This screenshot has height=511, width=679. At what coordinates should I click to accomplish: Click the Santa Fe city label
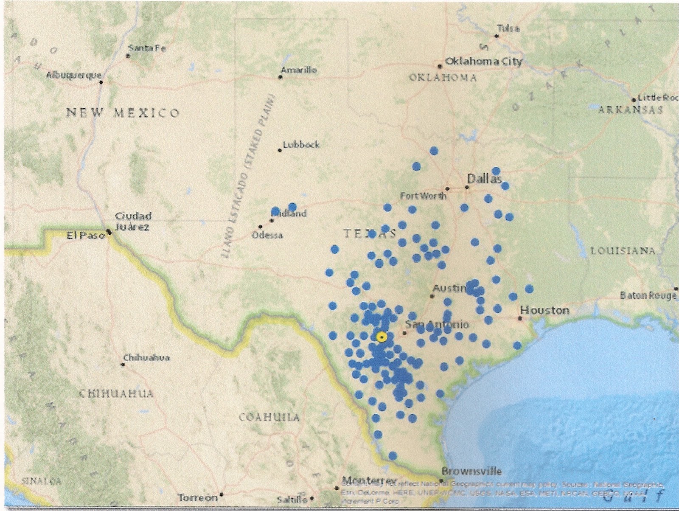(147, 48)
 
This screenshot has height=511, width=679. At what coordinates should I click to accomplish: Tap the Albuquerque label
(73, 75)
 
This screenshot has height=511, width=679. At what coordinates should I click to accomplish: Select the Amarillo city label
(299, 70)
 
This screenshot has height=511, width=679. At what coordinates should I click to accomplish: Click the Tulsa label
(508, 29)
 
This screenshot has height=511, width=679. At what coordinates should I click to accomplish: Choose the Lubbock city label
(301, 145)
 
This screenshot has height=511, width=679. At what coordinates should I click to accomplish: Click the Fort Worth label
(423, 196)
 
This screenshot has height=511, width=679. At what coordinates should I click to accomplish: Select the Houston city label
(545, 310)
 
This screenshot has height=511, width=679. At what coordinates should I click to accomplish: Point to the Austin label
(450, 289)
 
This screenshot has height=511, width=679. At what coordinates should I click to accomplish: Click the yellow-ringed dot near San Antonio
(382, 337)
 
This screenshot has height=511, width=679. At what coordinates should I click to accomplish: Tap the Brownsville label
(471, 471)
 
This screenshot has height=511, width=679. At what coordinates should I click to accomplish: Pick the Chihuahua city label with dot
(146, 358)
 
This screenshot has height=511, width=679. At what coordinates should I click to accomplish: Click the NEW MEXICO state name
(123, 113)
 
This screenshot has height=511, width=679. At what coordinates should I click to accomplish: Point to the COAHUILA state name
(269, 417)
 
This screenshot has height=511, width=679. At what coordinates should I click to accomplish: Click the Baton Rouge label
(648, 295)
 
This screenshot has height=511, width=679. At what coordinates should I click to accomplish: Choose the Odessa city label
(267, 235)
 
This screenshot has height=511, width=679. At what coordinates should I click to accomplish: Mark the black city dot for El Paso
(109, 232)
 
